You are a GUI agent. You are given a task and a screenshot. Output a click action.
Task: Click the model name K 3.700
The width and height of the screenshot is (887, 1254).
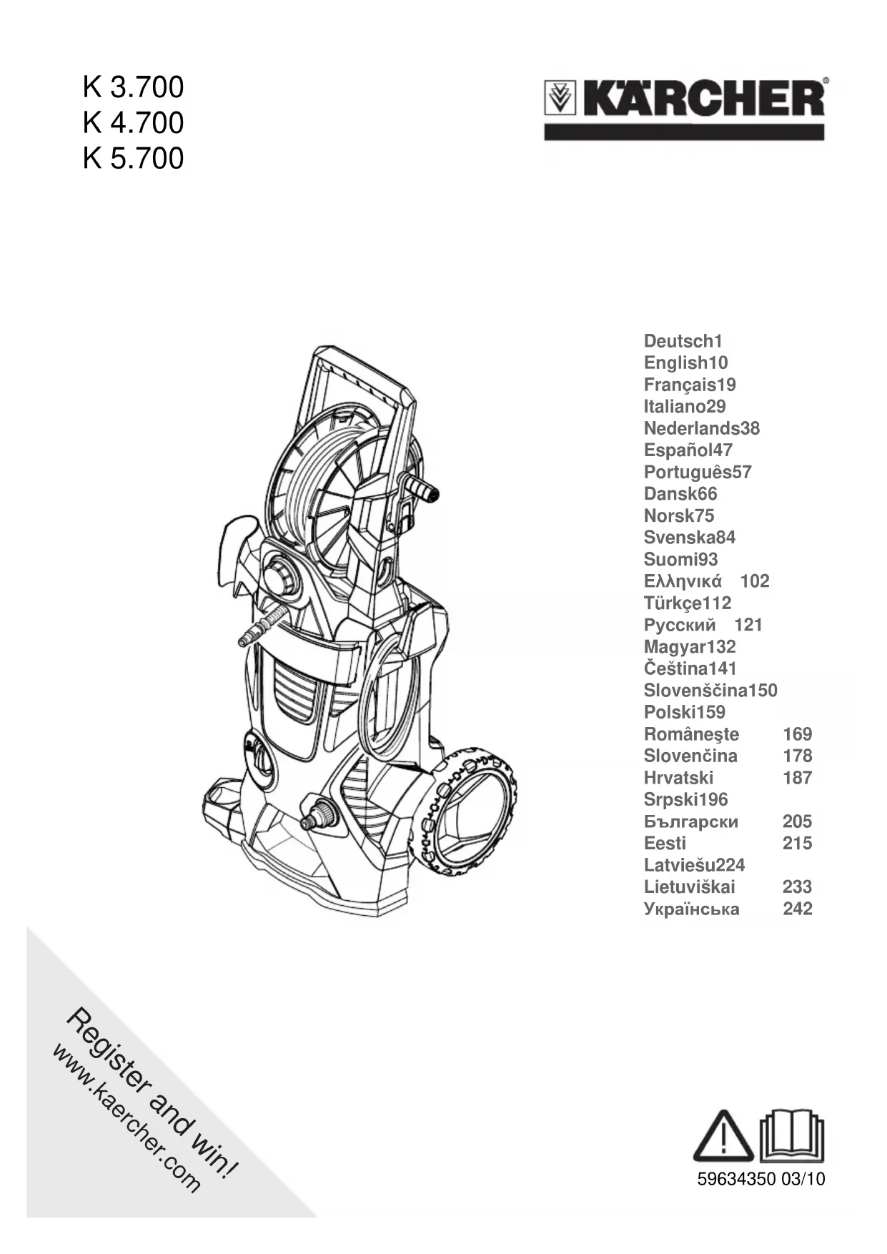pos(133,87)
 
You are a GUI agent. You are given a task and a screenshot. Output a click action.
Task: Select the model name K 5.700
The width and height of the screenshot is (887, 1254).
pos(133,158)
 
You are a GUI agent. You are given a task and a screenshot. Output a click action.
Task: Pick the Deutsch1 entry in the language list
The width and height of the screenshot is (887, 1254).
pos(683,341)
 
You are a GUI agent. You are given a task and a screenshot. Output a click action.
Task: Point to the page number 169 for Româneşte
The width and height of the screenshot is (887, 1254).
pos(797,734)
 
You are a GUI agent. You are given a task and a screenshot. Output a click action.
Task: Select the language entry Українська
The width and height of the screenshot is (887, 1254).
pos(691,909)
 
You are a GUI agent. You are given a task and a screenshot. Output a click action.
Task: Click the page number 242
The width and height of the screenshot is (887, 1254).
pos(797,909)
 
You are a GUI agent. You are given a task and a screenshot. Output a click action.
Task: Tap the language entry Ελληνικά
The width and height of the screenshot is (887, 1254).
pos(683,581)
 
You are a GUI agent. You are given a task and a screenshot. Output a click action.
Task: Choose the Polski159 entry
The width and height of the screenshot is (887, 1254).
pos(684,712)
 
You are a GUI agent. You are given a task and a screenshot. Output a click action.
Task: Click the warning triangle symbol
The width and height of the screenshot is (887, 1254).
pos(723,1136)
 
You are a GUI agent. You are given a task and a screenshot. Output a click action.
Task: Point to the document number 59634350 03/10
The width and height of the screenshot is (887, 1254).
pos(760,1179)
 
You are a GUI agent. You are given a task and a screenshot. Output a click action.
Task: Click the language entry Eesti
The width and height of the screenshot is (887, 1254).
pos(665,844)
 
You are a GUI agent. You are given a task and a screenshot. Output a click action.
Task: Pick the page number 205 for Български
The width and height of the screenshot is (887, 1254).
pos(797,821)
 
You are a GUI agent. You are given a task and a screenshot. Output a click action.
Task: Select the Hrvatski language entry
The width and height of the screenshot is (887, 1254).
pos(678,778)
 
